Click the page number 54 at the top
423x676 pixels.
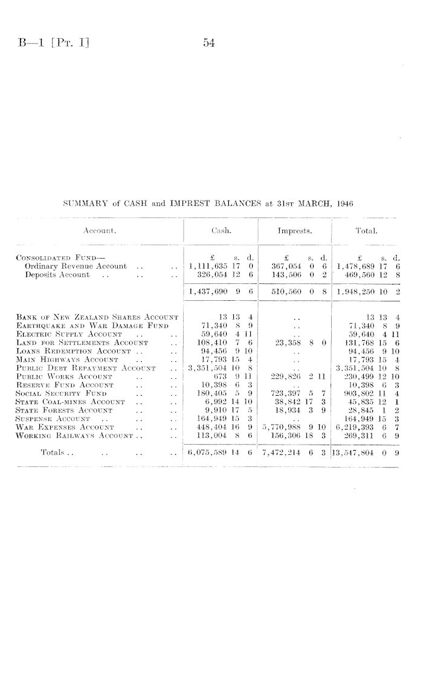pyautogui.click(x=210, y=43)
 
